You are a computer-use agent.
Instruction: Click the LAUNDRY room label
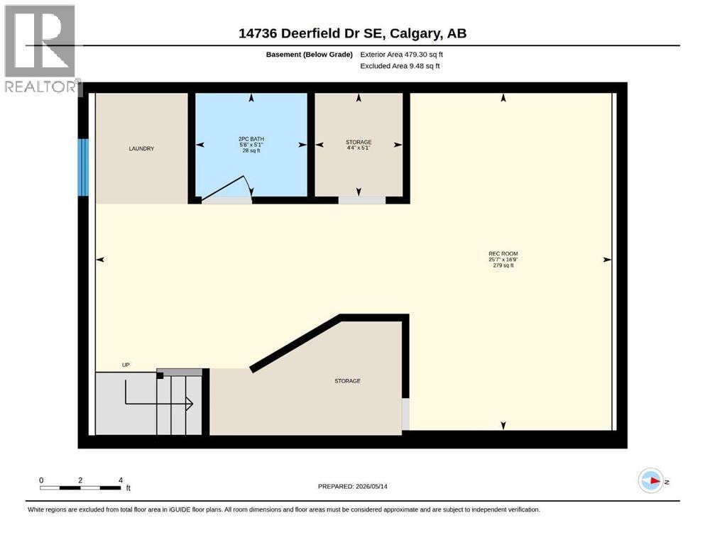[141, 149]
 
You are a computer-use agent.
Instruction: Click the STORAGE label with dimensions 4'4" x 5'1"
[359, 145]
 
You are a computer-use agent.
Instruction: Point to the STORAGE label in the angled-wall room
[348, 381]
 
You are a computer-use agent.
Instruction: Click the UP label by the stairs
[126, 365]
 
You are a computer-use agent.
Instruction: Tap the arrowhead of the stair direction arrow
[190, 404]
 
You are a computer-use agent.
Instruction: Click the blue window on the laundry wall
[83, 167]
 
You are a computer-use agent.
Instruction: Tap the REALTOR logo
[40, 49]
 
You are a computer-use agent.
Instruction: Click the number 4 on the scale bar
[121, 480]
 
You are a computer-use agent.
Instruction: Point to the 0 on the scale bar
[41, 480]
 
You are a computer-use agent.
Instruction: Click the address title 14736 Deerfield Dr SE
[310, 33]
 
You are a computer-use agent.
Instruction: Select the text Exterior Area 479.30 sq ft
[402, 55]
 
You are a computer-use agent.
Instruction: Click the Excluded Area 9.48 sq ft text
[400, 66]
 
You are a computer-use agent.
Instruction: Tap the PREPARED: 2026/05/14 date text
[352, 486]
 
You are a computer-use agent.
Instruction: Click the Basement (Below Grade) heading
[310, 55]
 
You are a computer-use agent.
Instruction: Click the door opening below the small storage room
[362, 200]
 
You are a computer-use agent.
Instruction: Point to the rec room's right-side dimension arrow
[607, 260]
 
